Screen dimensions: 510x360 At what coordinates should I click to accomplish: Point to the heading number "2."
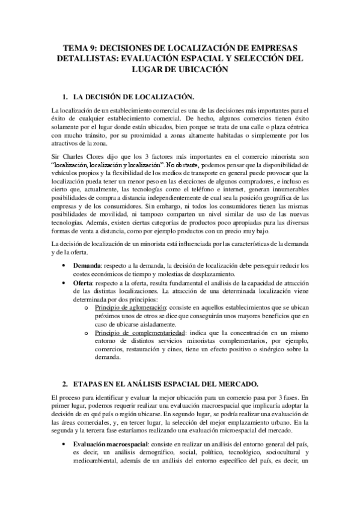(66, 383)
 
